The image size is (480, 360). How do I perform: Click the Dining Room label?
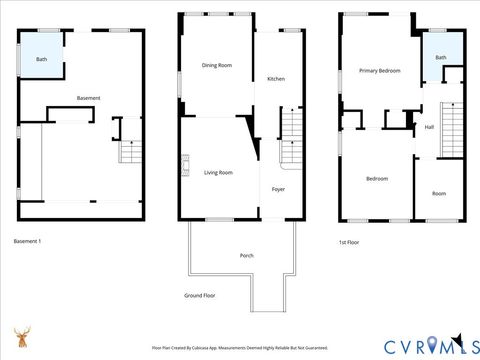coord(217,65)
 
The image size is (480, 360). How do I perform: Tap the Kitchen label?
coord(275,79)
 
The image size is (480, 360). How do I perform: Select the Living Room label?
coord(218,173)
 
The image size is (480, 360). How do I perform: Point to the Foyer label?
coord(279,188)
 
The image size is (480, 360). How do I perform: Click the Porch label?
coord(246,255)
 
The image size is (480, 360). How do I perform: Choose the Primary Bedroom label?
coord(380,71)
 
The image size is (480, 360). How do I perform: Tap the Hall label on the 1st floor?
coord(429,127)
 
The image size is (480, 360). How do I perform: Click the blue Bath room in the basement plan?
coord(41,59)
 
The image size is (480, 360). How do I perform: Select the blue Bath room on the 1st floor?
coord(440,58)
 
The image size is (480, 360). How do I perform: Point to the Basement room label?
coord(88,98)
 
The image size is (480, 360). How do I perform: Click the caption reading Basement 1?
coord(27,241)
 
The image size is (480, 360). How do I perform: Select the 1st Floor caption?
coord(349,241)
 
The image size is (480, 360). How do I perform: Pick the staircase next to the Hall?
coord(453,125)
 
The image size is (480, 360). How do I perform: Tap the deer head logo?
coord(21,338)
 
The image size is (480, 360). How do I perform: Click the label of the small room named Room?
coord(438,193)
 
